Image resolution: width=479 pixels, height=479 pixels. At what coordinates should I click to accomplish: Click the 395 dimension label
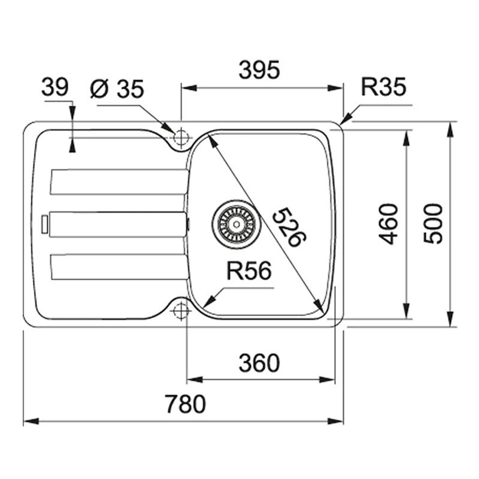[259, 71]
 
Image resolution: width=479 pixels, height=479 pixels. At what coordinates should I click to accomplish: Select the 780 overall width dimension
[185, 405]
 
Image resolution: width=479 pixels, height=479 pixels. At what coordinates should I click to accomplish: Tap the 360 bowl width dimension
[259, 363]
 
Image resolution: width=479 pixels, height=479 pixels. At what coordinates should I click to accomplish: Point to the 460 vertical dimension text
[389, 223]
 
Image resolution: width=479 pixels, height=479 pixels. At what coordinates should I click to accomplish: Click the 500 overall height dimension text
[433, 223]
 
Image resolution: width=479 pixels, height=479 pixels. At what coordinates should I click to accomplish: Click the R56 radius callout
[248, 271]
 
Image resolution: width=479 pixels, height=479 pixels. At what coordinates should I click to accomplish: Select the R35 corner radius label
[384, 88]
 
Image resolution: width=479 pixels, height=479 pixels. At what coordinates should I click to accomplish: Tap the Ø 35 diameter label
[117, 89]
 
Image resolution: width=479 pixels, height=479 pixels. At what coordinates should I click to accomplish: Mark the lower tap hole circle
[180, 310]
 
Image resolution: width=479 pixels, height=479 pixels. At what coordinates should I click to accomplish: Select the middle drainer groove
[118, 224]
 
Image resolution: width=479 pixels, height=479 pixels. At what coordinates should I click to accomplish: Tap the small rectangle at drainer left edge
[43, 223]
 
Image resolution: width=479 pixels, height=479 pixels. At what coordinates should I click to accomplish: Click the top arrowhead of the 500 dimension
[450, 126]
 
